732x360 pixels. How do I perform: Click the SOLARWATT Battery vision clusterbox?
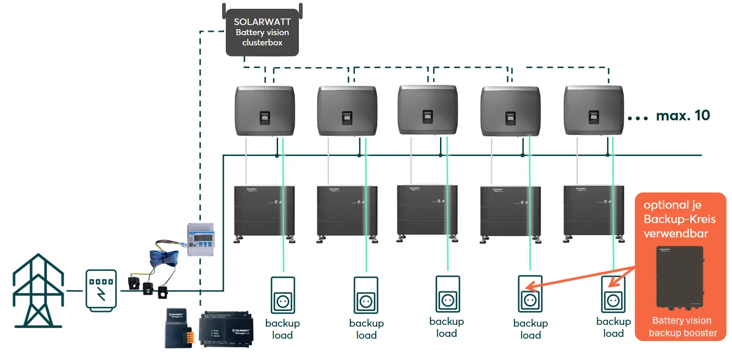coord(262,32)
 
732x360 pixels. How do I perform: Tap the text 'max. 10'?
coord(682,115)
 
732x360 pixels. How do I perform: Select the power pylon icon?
coord(38,291)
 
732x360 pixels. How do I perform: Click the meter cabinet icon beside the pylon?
coord(101,291)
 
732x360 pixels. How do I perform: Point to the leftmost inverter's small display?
coord(265,118)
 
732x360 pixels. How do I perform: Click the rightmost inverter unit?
coord(594,111)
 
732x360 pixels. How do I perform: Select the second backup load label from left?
coord(366,329)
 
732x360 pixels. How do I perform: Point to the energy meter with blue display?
coord(201,240)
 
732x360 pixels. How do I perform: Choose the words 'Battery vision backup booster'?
coord(682,327)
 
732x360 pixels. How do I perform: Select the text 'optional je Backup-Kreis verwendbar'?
coord(679,219)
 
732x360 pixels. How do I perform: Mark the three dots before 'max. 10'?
coord(638,118)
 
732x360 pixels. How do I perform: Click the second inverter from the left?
coord(347,111)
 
